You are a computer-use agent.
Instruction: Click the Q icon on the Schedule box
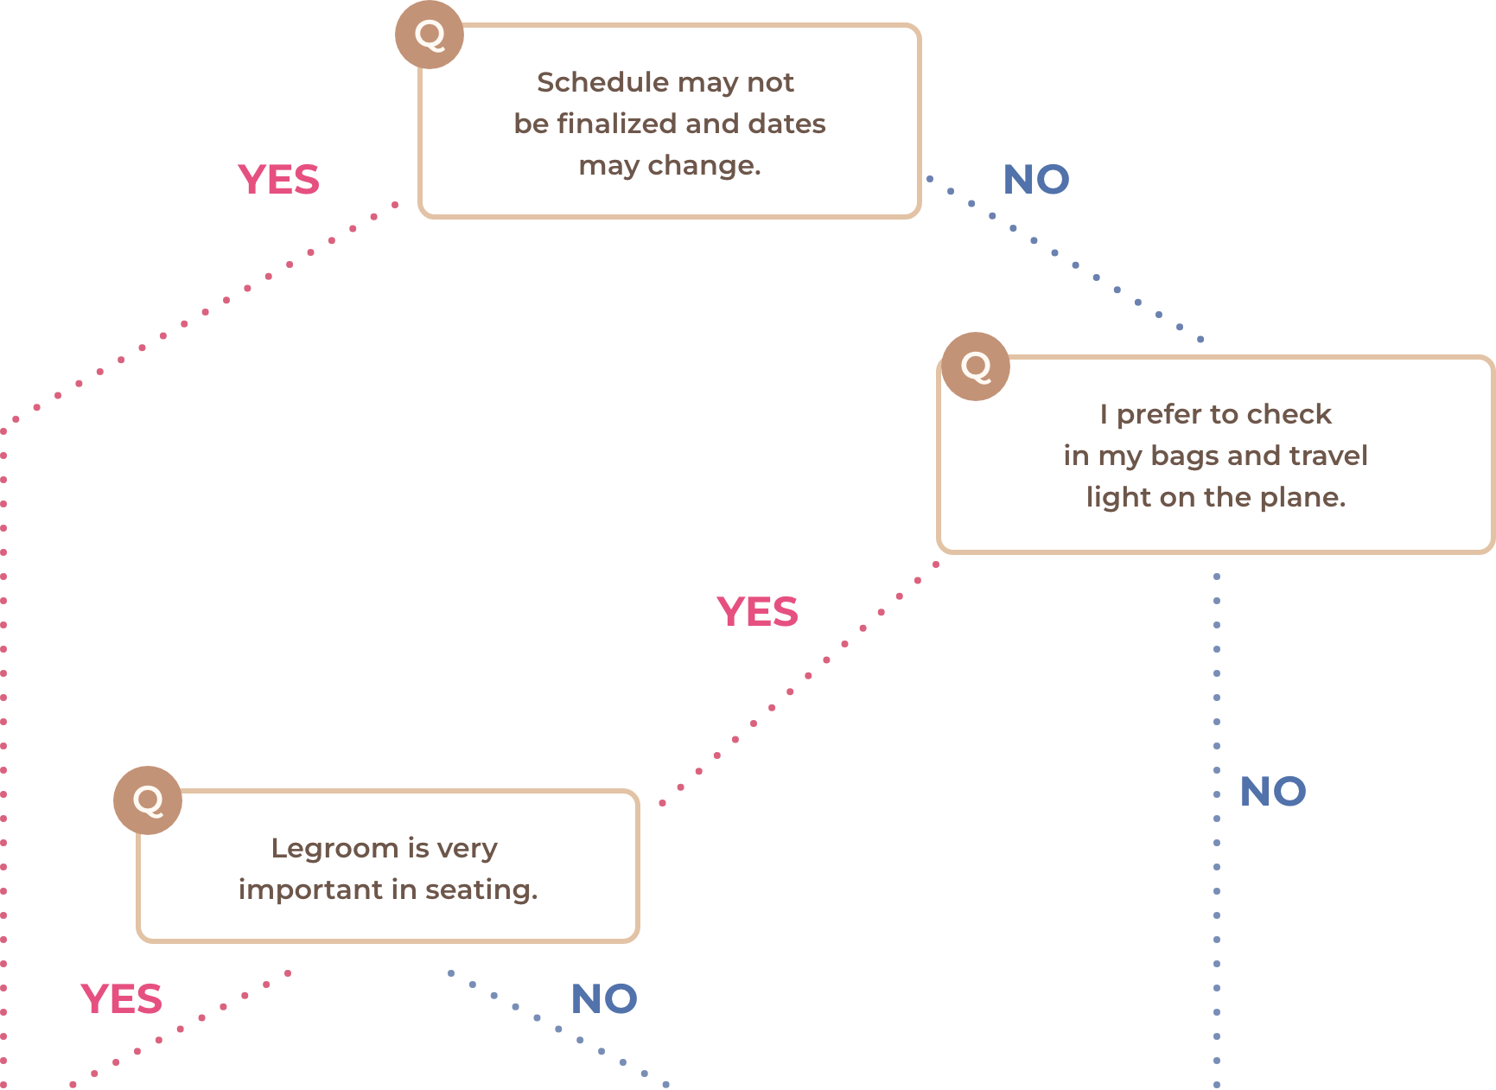(430, 35)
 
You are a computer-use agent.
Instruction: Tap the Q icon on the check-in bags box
(976, 367)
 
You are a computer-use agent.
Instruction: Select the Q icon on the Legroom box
(148, 800)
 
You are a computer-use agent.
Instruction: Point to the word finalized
(617, 124)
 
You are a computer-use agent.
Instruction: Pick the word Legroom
(336, 848)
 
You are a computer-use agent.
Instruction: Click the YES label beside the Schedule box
(278, 180)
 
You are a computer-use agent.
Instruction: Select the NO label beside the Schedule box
(1036, 180)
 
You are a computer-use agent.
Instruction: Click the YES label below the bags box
(757, 612)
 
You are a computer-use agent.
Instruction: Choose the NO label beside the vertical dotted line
(1272, 792)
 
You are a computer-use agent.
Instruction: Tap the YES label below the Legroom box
(121, 999)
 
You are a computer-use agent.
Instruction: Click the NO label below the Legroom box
(604, 999)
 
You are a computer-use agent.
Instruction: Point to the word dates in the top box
(786, 124)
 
